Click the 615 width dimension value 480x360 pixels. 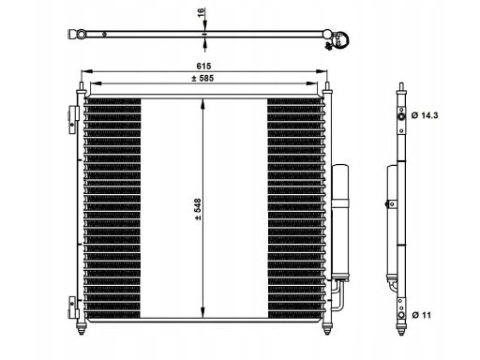(x=203, y=66)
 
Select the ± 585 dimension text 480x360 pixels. (x=202, y=78)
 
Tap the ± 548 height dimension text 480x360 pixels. (x=198, y=210)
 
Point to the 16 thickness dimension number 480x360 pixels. (x=201, y=12)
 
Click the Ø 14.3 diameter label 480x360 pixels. (x=425, y=115)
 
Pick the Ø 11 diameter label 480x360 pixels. (x=421, y=315)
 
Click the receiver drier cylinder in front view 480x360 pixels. (x=340, y=223)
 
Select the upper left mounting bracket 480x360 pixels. (x=74, y=120)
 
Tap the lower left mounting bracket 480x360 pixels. (x=74, y=307)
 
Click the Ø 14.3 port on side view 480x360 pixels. (x=401, y=116)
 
